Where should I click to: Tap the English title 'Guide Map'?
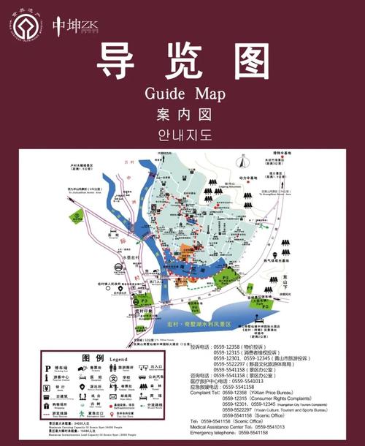182,94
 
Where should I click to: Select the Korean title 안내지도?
182,135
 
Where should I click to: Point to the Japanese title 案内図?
182,115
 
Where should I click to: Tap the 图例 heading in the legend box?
93,358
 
